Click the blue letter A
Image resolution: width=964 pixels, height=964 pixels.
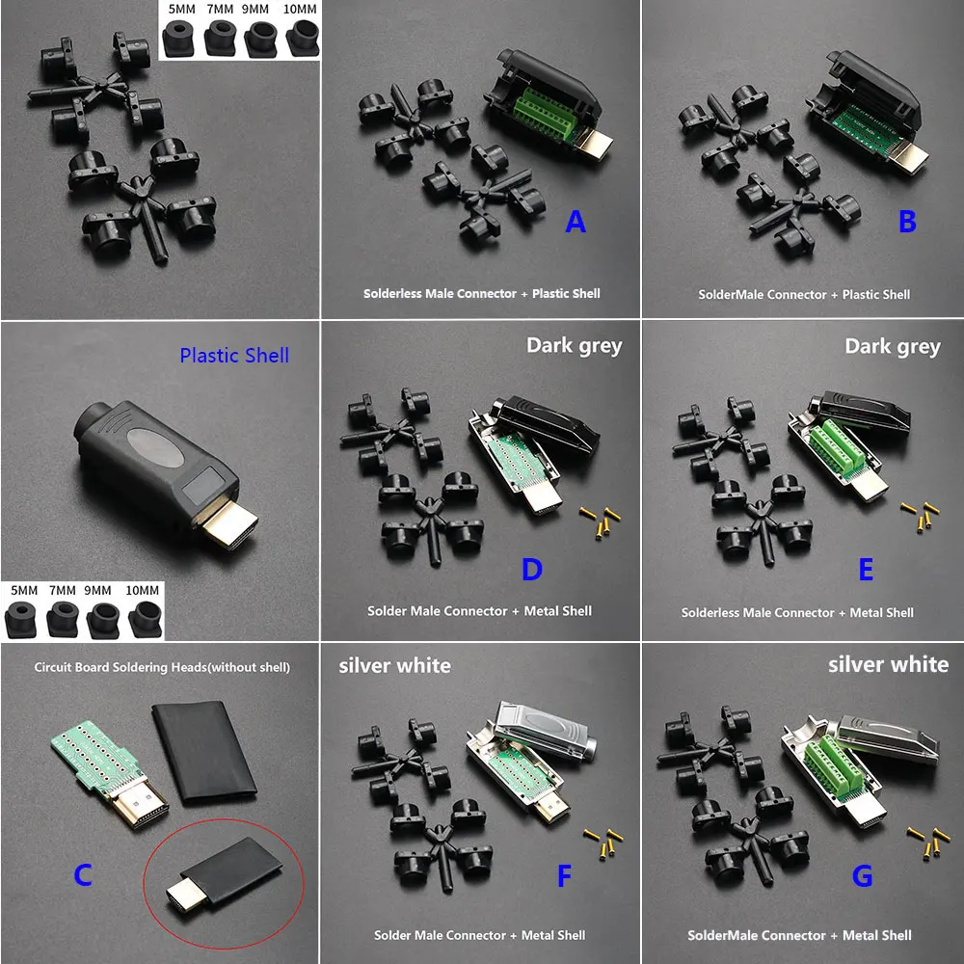point(576,223)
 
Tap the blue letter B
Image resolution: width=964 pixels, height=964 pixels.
point(907,222)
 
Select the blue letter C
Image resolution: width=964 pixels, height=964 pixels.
point(83,875)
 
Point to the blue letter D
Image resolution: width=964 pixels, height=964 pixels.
point(532,570)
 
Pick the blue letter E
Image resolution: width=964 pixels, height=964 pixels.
point(866,570)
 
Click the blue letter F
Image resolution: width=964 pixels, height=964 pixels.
point(565,876)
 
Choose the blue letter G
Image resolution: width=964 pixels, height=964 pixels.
point(863,876)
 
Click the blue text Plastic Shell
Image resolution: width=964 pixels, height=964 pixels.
point(234,355)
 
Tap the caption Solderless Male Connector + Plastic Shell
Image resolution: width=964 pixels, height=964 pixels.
point(481,293)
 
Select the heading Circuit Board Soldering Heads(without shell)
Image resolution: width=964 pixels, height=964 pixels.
point(162,666)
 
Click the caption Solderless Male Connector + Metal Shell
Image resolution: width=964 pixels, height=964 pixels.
point(797,612)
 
